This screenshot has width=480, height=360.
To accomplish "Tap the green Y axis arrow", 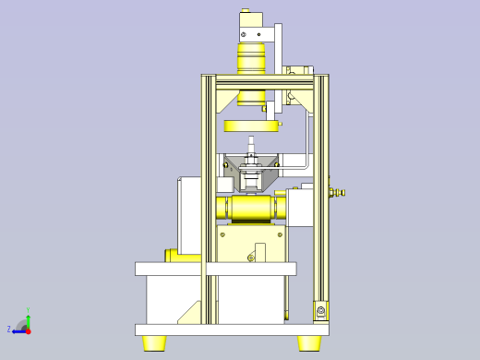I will click(x=29, y=318).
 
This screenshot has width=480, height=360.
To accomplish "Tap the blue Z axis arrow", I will click(x=18, y=330).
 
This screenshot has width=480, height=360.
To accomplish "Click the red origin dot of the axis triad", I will click(x=29, y=330).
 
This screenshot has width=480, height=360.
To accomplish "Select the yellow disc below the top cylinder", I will click(x=251, y=126).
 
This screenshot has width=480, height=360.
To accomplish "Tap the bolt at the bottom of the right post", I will click(x=320, y=311).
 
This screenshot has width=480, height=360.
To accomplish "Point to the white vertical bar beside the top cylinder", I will click(x=278, y=65).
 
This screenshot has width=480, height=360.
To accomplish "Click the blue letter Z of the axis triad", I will click(x=9, y=329).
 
